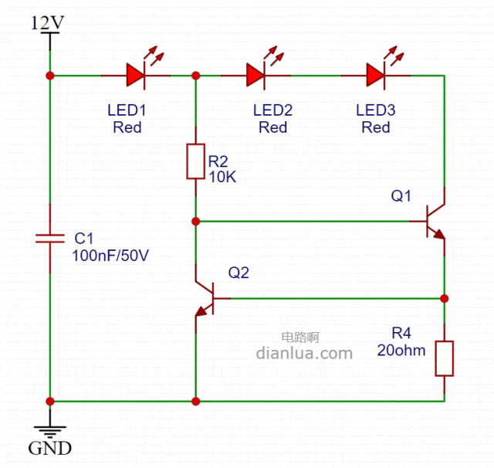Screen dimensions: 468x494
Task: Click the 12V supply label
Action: click(48, 22)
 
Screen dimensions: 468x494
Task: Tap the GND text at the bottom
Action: click(50, 448)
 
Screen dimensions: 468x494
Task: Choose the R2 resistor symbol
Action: click(196, 161)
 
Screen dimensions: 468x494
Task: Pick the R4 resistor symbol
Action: click(445, 358)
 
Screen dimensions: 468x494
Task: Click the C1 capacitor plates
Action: click(50, 239)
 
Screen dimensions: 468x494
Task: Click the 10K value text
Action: click(222, 176)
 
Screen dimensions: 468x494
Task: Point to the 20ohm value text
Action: click(401, 350)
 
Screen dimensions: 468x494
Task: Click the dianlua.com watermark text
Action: click(303, 354)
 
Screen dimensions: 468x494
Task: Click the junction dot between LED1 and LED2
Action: click(196, 76)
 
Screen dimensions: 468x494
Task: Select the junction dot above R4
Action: click(445, 298)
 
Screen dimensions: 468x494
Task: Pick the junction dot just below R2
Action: click(196, 222)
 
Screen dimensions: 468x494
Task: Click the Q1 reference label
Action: click(401, 196)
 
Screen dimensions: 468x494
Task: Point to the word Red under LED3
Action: click(376, 127)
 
